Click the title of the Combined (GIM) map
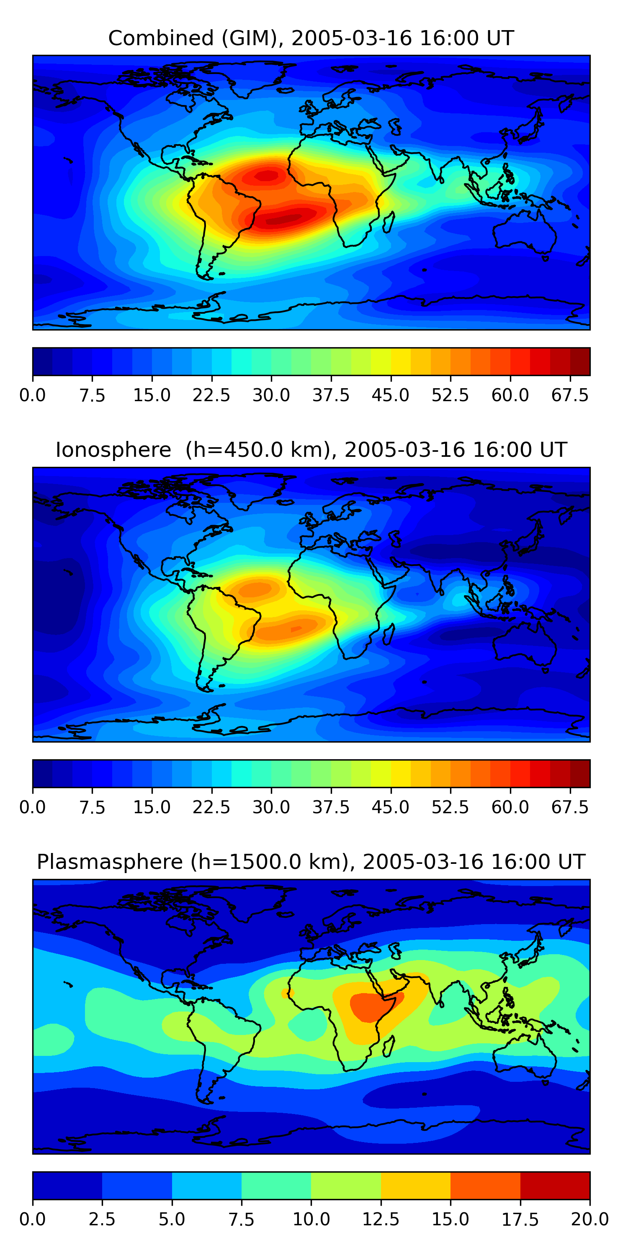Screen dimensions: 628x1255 (311, 38)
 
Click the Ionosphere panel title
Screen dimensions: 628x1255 (311, 450)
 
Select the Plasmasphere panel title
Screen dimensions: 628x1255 (311, 862)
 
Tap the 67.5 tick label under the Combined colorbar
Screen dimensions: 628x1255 (570, 395)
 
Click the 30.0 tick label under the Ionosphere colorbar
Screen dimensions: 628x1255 (271, 807)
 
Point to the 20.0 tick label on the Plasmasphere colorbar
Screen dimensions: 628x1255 (590, 1219)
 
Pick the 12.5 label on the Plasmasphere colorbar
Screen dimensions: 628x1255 (381, 1219)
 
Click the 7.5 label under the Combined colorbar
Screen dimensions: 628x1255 (92, 395)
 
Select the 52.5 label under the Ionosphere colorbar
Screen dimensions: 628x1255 (450, 807)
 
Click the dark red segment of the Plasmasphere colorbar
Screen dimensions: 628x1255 (555, 1185)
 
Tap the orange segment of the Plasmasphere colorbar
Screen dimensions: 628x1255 (485, 1185)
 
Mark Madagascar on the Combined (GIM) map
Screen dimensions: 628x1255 (389, 222)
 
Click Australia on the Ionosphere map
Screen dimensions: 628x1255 (524, 644)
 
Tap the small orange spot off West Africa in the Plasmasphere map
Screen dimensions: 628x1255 (287, 993)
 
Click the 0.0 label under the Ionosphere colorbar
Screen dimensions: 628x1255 (33, 807)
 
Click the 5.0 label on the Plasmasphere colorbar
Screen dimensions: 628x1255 (172, 1219)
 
